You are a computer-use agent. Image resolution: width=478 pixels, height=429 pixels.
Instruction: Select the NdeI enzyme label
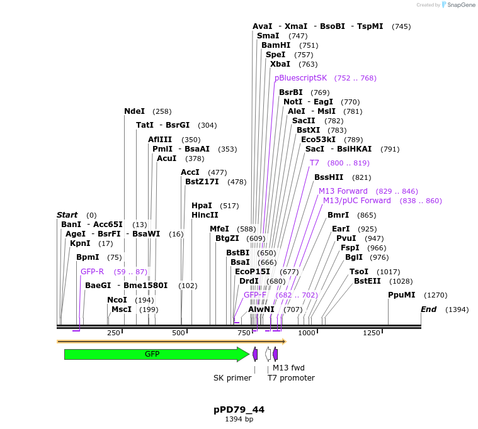pyautogui.click(x=134, y=111)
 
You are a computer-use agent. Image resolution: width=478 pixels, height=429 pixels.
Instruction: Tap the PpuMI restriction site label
pyautogui.click(x=401, y=294)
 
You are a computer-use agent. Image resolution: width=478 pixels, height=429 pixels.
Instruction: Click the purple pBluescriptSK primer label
pyautogui.click(x=300, y=78)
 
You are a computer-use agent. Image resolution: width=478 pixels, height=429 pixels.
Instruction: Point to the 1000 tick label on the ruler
pyautogui.click(x=307, y=333)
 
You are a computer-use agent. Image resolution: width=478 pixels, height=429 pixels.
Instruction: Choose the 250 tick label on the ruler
pyautogui.click(x=113, y=333)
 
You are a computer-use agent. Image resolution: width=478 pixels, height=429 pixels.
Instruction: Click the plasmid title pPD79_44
pyautogui.click(x=239, y=409)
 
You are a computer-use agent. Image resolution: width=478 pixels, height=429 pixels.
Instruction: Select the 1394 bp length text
pyautogui.click(x=239, y=419)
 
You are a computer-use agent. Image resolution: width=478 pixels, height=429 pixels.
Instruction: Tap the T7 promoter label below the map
pyautogui.click(x=291, y=378)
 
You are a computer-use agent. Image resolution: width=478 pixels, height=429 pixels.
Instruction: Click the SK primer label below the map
pyautogui.click(x=232, y=378)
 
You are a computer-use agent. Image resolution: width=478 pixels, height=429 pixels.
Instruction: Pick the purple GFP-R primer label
pyautogui.click(x=92, y=272)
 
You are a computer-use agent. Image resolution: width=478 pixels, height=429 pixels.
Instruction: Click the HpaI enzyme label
pyautogui.click(x=202, y=206)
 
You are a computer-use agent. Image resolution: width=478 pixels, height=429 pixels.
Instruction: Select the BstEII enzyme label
pyautogui.click(x=367, y=281)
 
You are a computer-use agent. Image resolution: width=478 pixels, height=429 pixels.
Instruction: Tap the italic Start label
pyautogui.click(x=67, y=215)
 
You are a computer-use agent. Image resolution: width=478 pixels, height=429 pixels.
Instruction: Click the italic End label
pyautogui.click(x=428, y=309)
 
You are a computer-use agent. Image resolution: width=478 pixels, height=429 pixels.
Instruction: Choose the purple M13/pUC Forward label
pyautogui.click(x=356, y=201)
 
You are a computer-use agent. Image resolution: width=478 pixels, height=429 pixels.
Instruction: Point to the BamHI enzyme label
pyautogui.click(x=276, y=45)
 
